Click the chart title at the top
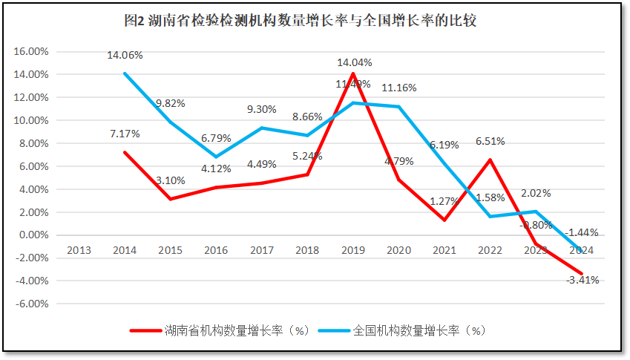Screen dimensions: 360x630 coord(301,21)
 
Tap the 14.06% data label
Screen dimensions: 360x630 coord(125,55)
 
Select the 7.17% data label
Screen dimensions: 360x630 coord(125,134)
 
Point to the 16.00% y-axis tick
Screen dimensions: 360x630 coord(30,52)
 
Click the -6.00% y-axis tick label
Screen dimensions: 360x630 coord(30,304)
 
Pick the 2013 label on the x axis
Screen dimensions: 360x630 coord(79,250)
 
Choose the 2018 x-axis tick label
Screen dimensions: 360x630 coord(307,250)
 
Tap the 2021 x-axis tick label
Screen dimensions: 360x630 coord(444,250)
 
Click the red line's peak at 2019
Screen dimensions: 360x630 coord(353,73)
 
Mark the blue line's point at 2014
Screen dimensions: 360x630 coord(125,73)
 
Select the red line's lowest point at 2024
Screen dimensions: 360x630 coord(582,274)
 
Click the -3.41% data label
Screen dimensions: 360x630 coord(582,281)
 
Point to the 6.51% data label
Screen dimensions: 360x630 coord(490,140)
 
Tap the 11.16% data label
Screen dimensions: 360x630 coord(399,88)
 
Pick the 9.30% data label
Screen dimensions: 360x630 coord(262,109)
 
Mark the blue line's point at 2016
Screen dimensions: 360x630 coord(216,157)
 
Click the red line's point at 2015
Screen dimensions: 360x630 coord(170,199)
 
